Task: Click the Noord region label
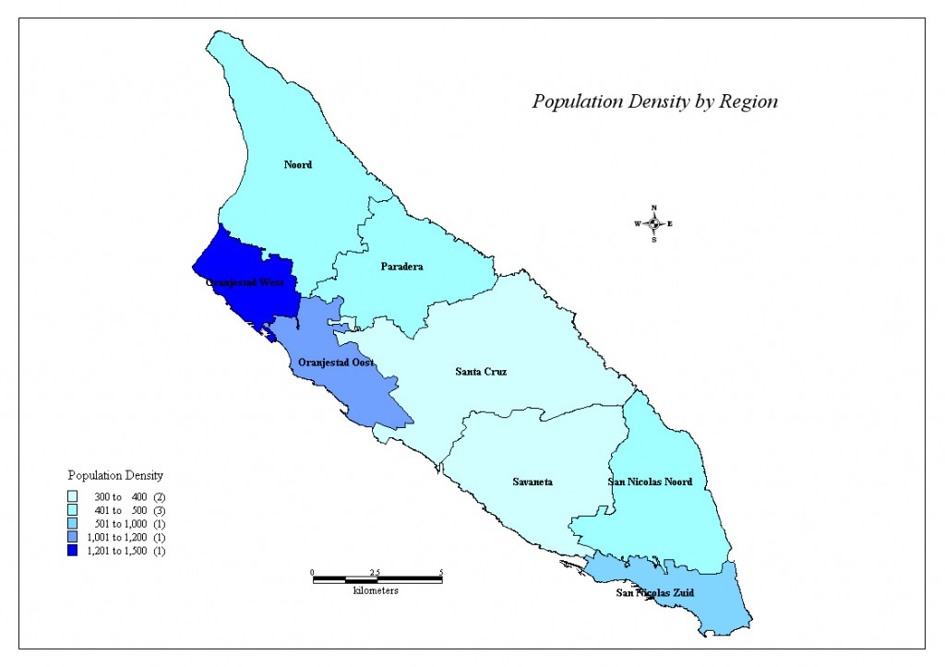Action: click(x=297, y=165)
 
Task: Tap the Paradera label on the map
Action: click(x=401, y=267)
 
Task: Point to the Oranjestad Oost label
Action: click(x=336, y=363)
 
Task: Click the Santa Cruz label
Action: click(x=481, y=372)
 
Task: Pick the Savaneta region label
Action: click(x=532, y=482)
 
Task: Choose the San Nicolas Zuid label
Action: click(x=655, y=592)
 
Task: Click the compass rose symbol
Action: click(x=653, y=223)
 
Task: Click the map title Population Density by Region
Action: click(x=654, y=101)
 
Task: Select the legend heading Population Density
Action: click(x=115, y=476)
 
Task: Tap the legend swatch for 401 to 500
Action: click(x=73, y=510)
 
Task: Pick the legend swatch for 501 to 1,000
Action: click(x=73, y=524)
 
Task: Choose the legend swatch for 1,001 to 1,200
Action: click(x=73, y=537)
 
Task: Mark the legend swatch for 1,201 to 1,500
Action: click(x=73, y=551)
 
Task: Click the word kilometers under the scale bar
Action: click(x=376, y=590)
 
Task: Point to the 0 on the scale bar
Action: click(x=312, y=572)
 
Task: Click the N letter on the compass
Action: click(x=653, y=208)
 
